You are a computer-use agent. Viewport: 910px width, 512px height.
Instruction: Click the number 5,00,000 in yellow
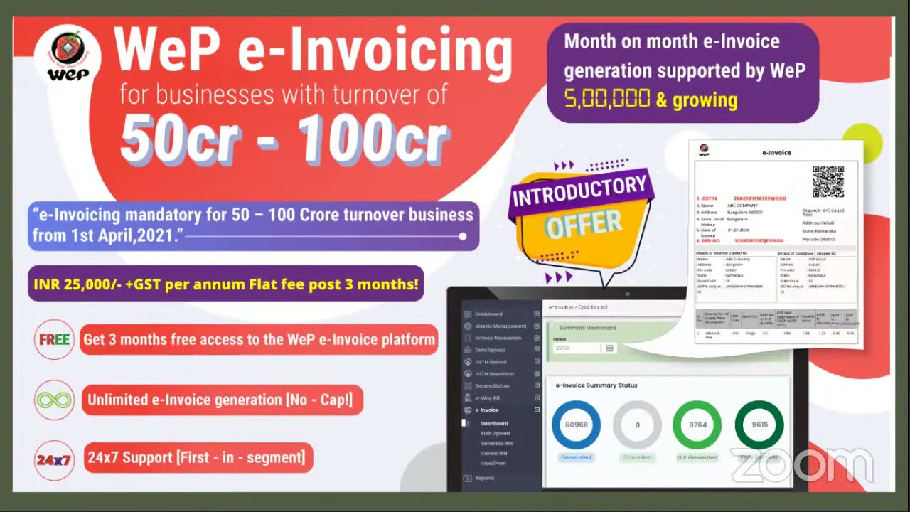pos(607,99)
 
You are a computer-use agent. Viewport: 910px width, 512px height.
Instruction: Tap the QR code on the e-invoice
pos(828,181)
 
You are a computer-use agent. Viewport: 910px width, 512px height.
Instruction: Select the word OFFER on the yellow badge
pos(583,224)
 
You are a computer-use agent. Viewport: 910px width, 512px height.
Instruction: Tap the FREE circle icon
pos(54,340)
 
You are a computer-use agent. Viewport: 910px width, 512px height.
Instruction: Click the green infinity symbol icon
pos(54,400)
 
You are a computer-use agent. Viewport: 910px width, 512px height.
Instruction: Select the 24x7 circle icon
pos(54,459)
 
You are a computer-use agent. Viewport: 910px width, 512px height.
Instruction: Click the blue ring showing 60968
pos(576,425)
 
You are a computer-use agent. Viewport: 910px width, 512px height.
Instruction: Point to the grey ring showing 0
pos(637,425)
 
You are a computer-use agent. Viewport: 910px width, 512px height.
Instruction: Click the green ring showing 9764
pos(697,425)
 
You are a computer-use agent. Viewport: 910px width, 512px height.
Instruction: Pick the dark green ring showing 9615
pos(759,425)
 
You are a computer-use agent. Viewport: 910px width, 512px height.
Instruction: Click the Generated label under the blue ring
pos(576,457)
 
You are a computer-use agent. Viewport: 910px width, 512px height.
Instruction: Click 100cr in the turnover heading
pos(373,139)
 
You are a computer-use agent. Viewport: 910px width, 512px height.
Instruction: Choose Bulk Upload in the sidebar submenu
pos(495,433)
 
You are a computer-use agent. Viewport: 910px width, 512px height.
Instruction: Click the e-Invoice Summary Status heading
pos(596,385)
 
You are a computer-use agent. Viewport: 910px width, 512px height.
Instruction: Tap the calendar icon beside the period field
pos(609,348)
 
